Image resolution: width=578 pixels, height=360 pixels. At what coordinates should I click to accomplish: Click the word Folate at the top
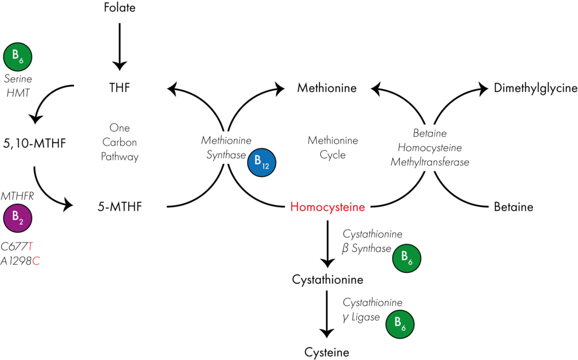point(120,7)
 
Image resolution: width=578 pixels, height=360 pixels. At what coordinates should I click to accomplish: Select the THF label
point(120,87)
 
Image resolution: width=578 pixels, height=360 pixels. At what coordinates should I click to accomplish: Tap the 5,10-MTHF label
point(34,143)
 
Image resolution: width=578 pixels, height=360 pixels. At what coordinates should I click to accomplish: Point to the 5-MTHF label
point(120,207)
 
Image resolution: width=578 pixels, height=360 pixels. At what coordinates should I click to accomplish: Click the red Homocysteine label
point(327,207)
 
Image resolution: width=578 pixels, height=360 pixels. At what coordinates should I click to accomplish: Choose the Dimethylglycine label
point(535,88)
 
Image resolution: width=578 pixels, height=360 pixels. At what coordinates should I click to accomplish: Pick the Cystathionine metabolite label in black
point(327,279)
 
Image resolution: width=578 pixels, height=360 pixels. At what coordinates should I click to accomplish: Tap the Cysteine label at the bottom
point(327,352)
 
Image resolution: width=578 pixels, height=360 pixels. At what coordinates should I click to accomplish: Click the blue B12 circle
point(262,163)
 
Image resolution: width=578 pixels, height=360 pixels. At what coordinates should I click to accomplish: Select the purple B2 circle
point(17,218)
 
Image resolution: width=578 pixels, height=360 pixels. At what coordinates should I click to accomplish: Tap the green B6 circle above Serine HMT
point(17,57)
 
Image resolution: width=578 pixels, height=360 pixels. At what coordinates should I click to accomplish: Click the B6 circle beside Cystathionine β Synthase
point(406,258)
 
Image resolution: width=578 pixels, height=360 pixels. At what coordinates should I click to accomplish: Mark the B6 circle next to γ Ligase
point(400,324)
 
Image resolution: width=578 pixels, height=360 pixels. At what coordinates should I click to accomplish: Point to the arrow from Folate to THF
point(120,47)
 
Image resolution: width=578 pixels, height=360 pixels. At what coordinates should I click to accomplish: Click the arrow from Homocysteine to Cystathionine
point(327,244)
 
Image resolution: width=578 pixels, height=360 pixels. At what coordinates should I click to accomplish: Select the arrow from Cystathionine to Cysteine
point(327,314)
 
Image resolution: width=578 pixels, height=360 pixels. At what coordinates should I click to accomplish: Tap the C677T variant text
point(17,246)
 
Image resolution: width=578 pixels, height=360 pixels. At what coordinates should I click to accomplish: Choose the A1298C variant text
point(20,261)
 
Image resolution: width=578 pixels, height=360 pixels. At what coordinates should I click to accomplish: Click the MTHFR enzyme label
point(17,196)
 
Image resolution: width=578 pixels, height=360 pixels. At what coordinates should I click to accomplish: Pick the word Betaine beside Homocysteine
point(514,207)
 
